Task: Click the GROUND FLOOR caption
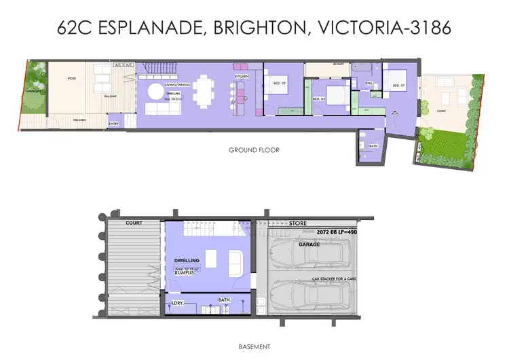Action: [x=254, y=150]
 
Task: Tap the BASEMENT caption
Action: [x=254, y=346]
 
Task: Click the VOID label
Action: [x=71, y=77]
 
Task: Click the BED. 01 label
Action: [x=398, y=86]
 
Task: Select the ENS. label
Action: [x=369, y=84]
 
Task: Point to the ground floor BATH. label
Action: [x=374, y=145]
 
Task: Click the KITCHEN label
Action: [x=242, y=77]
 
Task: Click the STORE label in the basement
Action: [x=298, y=223]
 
